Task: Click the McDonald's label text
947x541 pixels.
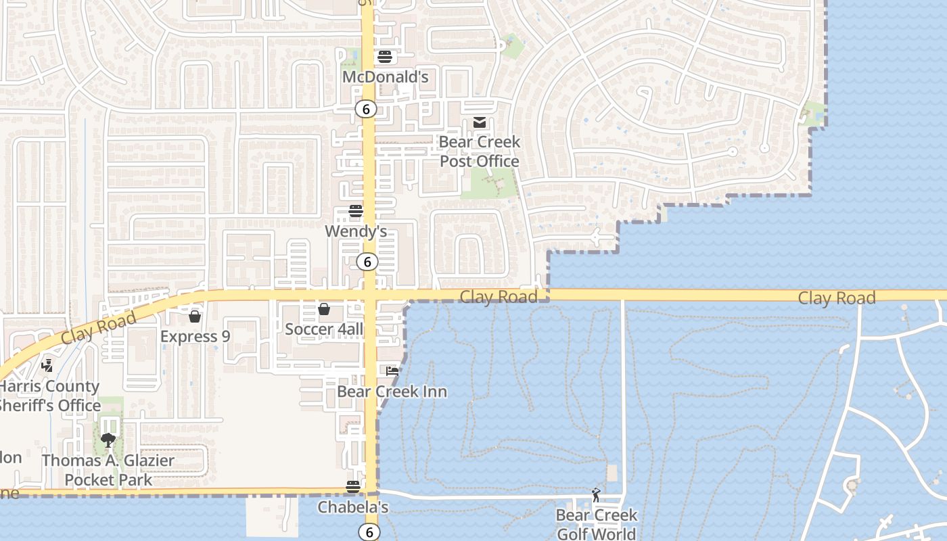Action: (385, 77)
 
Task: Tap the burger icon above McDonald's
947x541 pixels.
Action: (385, 56)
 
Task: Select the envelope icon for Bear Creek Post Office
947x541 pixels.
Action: (480, 122)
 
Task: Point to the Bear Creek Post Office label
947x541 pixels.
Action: (480, 151)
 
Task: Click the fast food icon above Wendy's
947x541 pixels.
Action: (356, 211)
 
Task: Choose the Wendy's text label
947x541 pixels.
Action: (356, 232)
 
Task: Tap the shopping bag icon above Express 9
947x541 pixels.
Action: (195, 316)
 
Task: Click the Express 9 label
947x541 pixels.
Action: (195, 336)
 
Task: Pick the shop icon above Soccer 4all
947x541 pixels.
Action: (324, 309)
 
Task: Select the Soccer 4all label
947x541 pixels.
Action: (324, 330)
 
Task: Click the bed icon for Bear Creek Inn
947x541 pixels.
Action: (392, 371)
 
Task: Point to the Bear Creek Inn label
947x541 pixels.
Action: (392, 392)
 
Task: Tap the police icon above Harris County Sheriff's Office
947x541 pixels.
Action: (47, 366)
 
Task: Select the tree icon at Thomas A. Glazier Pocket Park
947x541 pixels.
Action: (108, 440)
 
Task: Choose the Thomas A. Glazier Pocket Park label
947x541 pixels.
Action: (108, 470)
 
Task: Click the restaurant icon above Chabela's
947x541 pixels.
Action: (352, 486)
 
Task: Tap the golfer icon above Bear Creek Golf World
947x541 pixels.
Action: (596, 495)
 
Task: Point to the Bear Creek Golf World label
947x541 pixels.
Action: (596, 525)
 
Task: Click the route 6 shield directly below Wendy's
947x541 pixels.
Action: (367, 262)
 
